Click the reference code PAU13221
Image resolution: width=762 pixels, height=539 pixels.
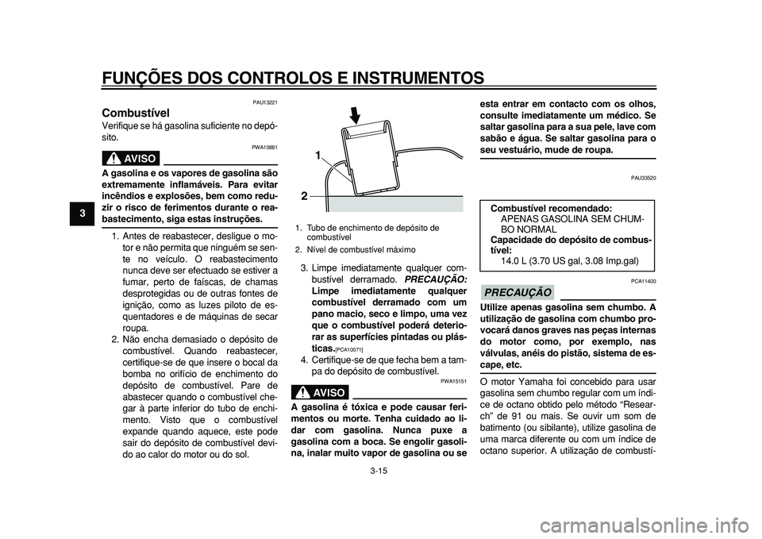coord(265,102)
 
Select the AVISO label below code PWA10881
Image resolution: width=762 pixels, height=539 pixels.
coord(132,157)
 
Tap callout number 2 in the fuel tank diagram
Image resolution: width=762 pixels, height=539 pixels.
coord(304,194)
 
